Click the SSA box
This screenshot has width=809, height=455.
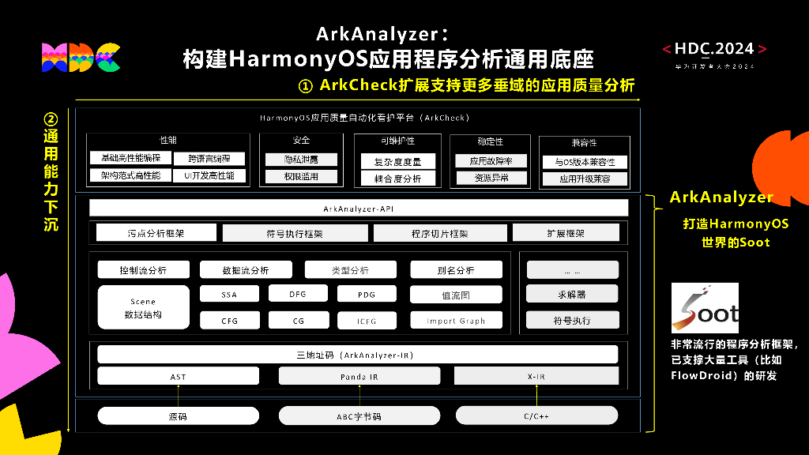pos(229,295)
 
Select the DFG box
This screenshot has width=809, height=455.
pos(298,294)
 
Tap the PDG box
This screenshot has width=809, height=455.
pos(366,295)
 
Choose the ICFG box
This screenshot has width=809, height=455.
pos(366,321)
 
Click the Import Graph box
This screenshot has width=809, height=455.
pos(456,321)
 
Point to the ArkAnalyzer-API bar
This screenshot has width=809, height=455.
pos(359,209)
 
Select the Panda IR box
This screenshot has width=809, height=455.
pos(359,377)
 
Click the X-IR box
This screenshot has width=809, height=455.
pos(536,377)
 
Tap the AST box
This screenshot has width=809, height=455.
pos(178,377)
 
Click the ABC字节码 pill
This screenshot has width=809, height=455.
pos(359,416)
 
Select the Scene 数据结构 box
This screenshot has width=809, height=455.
pos(143,307)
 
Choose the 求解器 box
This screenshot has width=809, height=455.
pos(572,295)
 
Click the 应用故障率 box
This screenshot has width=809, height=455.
pos(491,161)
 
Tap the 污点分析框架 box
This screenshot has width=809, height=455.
pos(156,233)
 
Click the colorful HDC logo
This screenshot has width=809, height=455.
pos(81,57)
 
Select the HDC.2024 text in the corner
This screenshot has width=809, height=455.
pos(714,49)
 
